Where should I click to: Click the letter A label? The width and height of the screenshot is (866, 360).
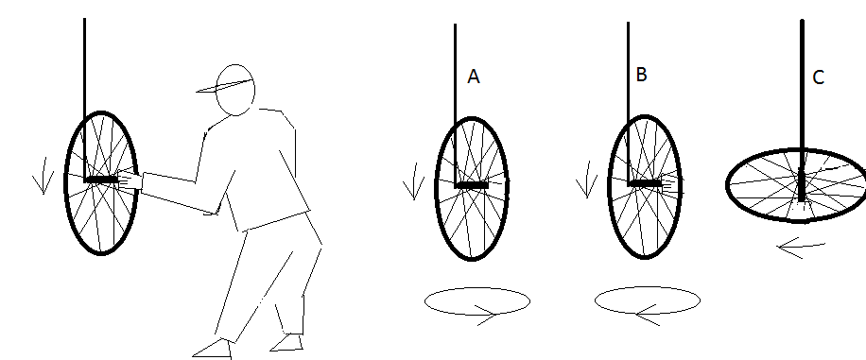474,77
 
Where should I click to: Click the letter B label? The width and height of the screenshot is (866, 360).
641,75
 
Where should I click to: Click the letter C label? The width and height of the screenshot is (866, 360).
819,77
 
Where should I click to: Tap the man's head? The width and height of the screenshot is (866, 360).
235,90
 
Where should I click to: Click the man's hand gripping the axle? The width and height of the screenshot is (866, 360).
130,180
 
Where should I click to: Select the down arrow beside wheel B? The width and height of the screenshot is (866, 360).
586,180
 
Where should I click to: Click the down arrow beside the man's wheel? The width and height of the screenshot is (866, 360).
43,176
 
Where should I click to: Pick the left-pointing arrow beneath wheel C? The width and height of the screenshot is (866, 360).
801,249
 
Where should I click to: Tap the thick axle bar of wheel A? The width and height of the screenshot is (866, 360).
472,185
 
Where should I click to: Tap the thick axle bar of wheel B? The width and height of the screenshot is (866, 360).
645,182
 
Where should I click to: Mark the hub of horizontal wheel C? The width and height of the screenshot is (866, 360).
802,188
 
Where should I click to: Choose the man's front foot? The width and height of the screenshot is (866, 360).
213,349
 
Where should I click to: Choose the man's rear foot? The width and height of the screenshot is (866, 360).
286,343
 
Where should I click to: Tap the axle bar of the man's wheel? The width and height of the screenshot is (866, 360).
101,180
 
